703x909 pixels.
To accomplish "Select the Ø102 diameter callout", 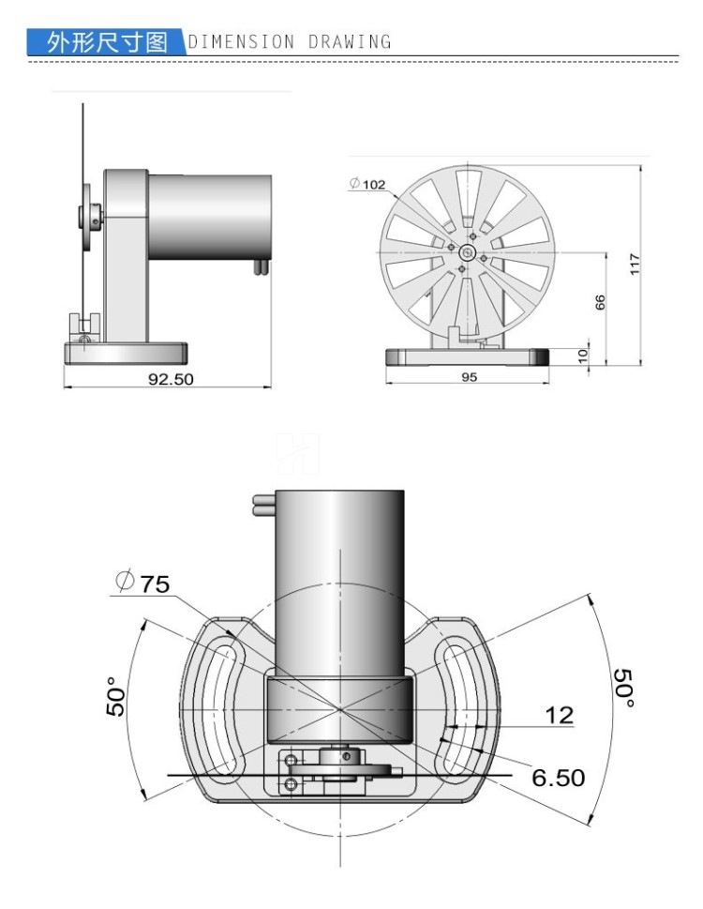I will click(367, 185).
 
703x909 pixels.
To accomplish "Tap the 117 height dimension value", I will click(635, 264).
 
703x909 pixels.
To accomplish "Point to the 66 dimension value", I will click(601, 302).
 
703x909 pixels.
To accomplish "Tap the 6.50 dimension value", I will click(558, 777).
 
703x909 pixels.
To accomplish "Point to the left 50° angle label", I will click(114, 695).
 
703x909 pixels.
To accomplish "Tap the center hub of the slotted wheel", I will click(466, 252).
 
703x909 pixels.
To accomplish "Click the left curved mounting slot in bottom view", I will click(224, 706).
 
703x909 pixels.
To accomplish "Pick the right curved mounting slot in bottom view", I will click(457, 706).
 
